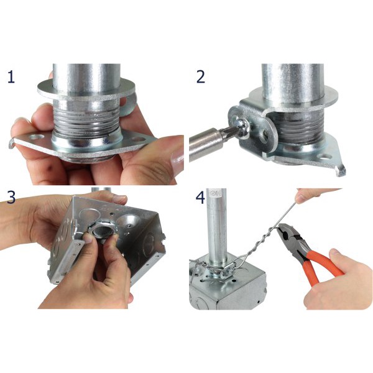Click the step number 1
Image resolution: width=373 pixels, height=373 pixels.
(x=11, y=77)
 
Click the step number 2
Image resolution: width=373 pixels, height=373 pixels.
(x=200, y=77)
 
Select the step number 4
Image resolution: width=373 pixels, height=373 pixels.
(x=200, y=197)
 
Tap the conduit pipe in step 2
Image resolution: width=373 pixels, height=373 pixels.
(x=292, y=77)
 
